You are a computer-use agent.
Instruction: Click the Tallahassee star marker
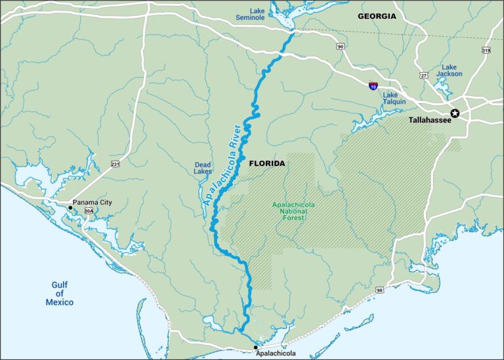[x=455, y=113]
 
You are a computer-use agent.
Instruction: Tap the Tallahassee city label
[x=429, y=121]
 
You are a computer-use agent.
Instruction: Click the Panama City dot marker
[x=70, y=207]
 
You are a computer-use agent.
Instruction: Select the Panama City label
[x=93, y=203]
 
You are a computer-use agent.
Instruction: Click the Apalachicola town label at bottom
[x=274, y=353]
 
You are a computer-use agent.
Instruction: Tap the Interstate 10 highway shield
[x=373, y=85]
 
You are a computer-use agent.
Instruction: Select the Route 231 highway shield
[x=116, y=164]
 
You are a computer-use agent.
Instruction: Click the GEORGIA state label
[x=377, y=16]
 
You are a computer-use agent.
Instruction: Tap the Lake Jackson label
[x=449, y=70]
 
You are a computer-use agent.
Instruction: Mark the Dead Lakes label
[x=203, y=168]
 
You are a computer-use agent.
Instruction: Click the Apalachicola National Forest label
[x=293, y=211]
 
